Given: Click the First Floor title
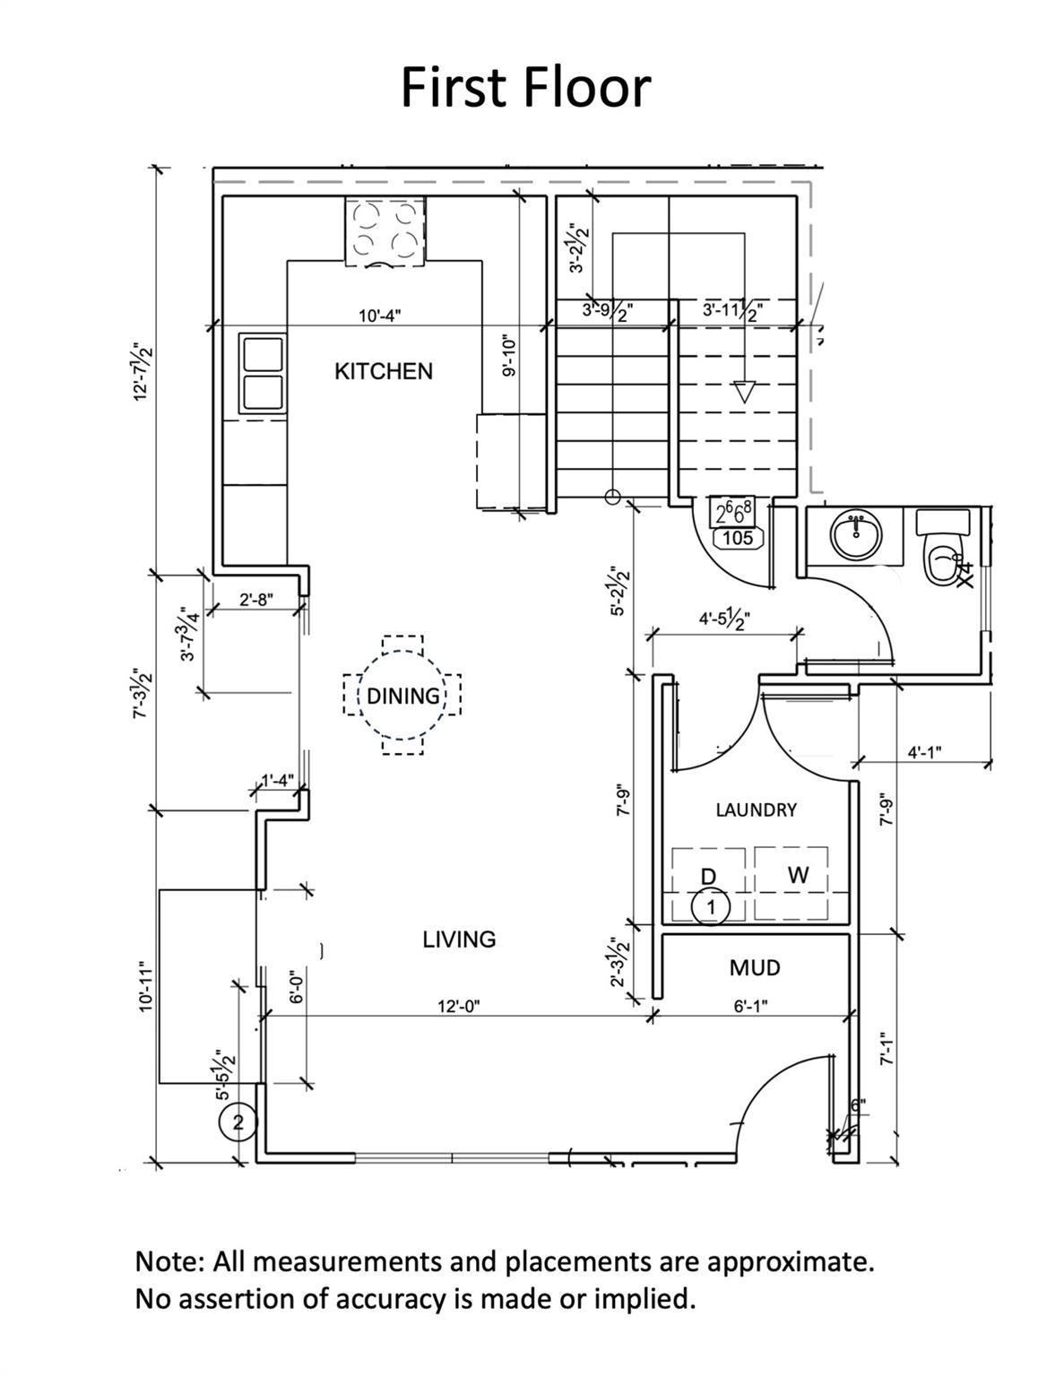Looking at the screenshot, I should pyautogui.click(x=525, y=87).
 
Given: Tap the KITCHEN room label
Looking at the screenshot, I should pyautogui.click(x=383, y=371).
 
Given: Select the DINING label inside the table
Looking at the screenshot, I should pyautogui.click(x=403, y=696).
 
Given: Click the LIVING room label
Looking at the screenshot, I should pyautogui.click(x=459, y=939).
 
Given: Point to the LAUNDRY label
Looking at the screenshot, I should pyautogui.click(x=756, y=810).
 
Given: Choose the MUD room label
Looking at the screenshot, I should pyautogui.click(x=755, y=967).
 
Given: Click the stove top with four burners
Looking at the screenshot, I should pyautogui.click(x=385, y=231).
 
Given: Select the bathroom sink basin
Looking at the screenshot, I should pyautogui.click(x=855, y=536).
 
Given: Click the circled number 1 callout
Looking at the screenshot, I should pyautogui.click(x=711, y=907).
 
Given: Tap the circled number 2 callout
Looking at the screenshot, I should pyautogui.click(x=238, y=1122).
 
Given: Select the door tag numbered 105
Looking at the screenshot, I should pyautogui.click(x=737, y=538).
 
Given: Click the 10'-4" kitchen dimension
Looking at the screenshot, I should pyautogui.click(x=380, y=316).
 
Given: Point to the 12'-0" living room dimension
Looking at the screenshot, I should pyautogui.click(x=459, y=1006).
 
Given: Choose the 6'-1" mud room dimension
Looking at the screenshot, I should pyautogui.click(x=750, y=1006).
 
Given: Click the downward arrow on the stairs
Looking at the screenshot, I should pyautogui.click(x=743, y=392).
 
